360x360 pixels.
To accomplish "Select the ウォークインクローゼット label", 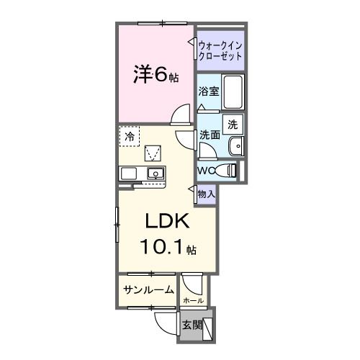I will [220, 50].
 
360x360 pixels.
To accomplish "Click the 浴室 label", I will [208, 93].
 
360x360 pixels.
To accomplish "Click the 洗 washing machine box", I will [233, 124].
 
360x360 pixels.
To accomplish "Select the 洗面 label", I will [210, 135].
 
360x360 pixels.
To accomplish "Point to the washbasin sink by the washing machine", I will [235, 147].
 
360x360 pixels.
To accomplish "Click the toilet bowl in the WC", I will [228, 171].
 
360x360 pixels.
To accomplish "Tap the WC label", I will [204, 171].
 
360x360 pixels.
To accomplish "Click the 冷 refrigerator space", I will [130, 135].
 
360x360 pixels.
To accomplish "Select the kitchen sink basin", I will [154, 174].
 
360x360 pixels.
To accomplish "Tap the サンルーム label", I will [148, 290].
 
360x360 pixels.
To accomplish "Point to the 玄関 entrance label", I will [191, 325].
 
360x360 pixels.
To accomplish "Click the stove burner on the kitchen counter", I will [129, 174].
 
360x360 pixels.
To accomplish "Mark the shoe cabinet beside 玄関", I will [208, 328].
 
